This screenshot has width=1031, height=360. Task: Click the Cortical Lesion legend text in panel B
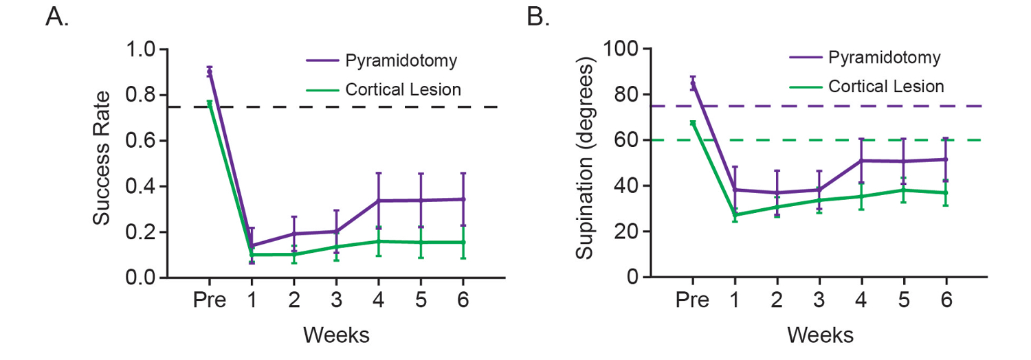(886, 87)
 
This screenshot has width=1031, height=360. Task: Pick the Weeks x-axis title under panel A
(336, 335)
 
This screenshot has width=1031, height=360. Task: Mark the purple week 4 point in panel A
(378, 201)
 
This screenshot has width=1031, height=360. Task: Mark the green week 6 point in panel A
(463, 242)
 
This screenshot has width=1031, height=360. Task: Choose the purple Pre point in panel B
(693, 84)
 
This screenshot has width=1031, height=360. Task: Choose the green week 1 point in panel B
(735, 215)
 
